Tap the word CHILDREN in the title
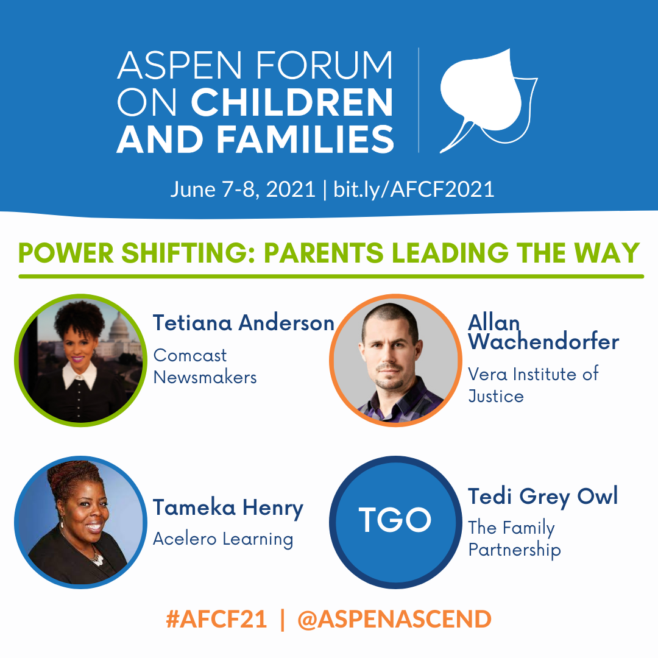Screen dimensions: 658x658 tap(292, 103)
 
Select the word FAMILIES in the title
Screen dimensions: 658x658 tap(305, 140)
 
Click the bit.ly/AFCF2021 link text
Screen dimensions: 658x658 tap(414, 189)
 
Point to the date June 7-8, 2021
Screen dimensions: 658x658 tap(242, 189)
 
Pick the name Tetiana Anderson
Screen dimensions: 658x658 tap(243, 323)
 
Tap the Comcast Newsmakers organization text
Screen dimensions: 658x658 tap(205, 366)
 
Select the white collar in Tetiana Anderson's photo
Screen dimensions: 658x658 tap(80, 374)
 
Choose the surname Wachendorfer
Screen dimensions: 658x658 tap(543, 342)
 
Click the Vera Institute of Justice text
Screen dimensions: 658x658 tap(533, 385)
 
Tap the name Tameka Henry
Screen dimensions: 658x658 tap(228, 508)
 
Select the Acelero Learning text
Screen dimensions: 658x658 tap(223, 539)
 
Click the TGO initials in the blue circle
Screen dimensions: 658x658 tap(395, 520)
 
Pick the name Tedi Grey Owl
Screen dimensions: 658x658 tap(543, 497)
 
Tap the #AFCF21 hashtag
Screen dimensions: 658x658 tap(216, 620)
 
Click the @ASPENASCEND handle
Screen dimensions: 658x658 tap(394, 620)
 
